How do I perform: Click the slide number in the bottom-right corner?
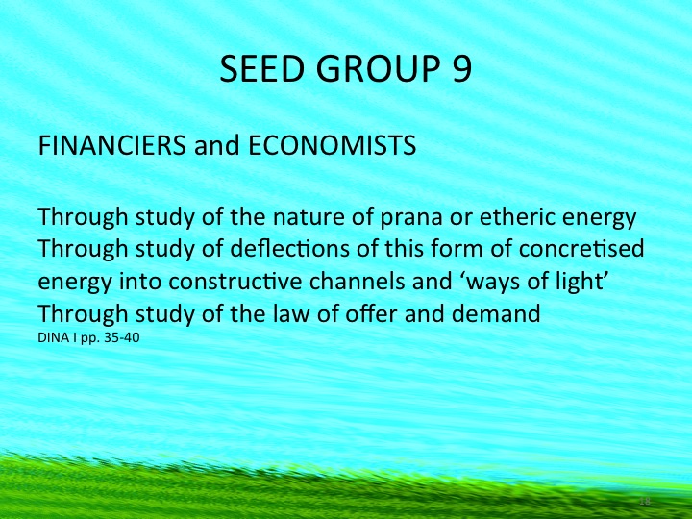pos(646,501)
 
